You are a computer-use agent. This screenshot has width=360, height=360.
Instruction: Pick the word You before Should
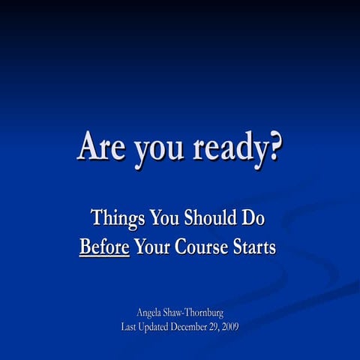[x=165, y=218]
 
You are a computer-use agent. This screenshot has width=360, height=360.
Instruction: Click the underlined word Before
[x=104, y=246]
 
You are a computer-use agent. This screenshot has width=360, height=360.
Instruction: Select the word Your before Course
[x=153, y=246]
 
